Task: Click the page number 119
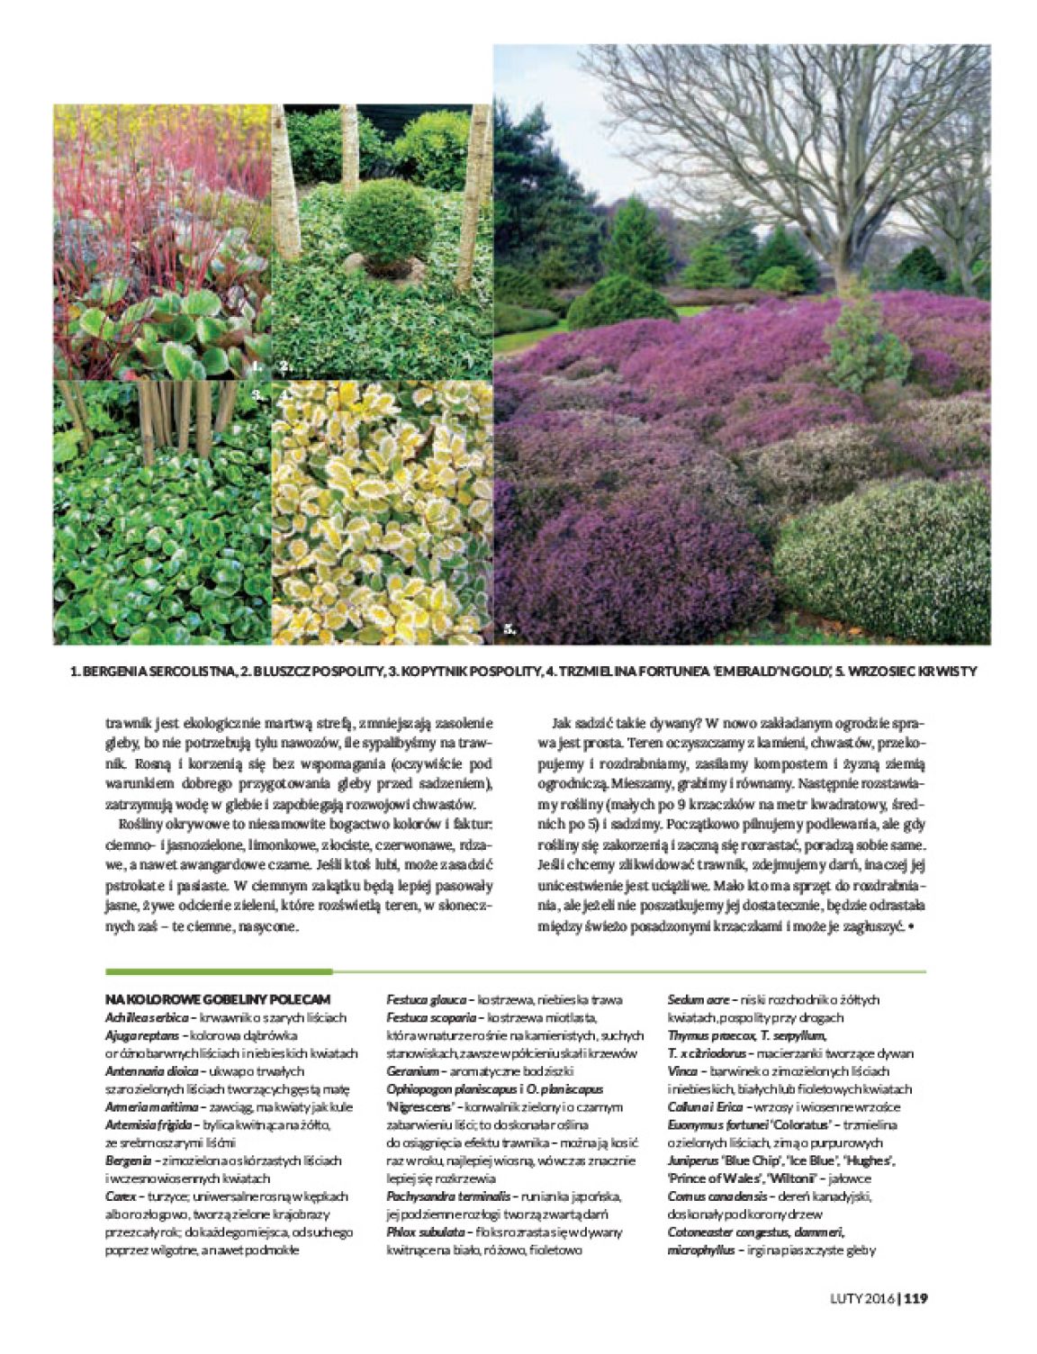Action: [x=915, y=1297]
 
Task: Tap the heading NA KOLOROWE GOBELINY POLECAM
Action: [x=218, y=999]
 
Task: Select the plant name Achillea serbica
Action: [x=147, y=1017]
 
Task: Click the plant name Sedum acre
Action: [x=699, y=999]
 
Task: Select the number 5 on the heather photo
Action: [x=509, y=630]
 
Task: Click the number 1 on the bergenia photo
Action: [x=255, y=366]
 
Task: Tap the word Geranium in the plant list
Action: [x=412, y=1071]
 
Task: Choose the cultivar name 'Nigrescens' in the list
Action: [x=423, y=1106]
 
